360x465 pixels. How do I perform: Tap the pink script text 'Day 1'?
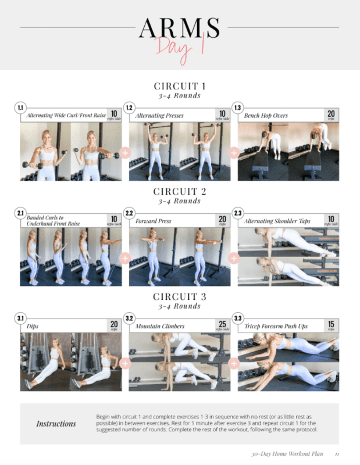pos(181,48)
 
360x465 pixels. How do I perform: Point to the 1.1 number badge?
pos(20,108)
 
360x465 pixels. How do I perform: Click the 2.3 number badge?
pos(237,213)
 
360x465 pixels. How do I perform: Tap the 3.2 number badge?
pos(129,319)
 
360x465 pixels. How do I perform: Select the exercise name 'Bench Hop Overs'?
pos(266,116)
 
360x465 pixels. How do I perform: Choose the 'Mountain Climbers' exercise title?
pos(160,326)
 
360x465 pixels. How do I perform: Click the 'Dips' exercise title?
pos(33,326)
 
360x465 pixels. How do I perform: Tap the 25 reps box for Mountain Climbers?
pos(222,325)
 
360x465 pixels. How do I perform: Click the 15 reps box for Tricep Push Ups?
pos(330,325)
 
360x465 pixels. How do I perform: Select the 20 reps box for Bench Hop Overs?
pos(330,115)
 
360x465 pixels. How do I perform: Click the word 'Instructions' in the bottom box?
pos(56,423)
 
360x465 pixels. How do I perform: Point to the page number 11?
pos(337,454)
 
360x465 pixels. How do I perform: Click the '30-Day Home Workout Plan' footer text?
pos(287,454)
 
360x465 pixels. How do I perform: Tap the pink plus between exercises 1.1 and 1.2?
pos(125,153)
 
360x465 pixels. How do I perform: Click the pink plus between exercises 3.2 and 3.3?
pos(234,364)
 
